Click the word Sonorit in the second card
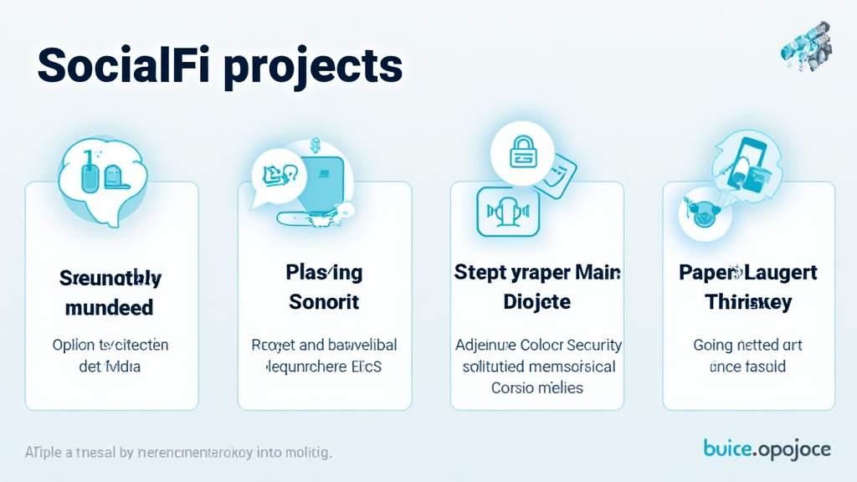[x=324, y=302]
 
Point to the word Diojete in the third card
[x=536, y=302]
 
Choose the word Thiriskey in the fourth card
[x=748, y=302]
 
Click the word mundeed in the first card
[x=110, y=307]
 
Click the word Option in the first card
[x=73, y=345]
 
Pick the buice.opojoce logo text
[x=767, y=449]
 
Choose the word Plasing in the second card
[x=324, y=273]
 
